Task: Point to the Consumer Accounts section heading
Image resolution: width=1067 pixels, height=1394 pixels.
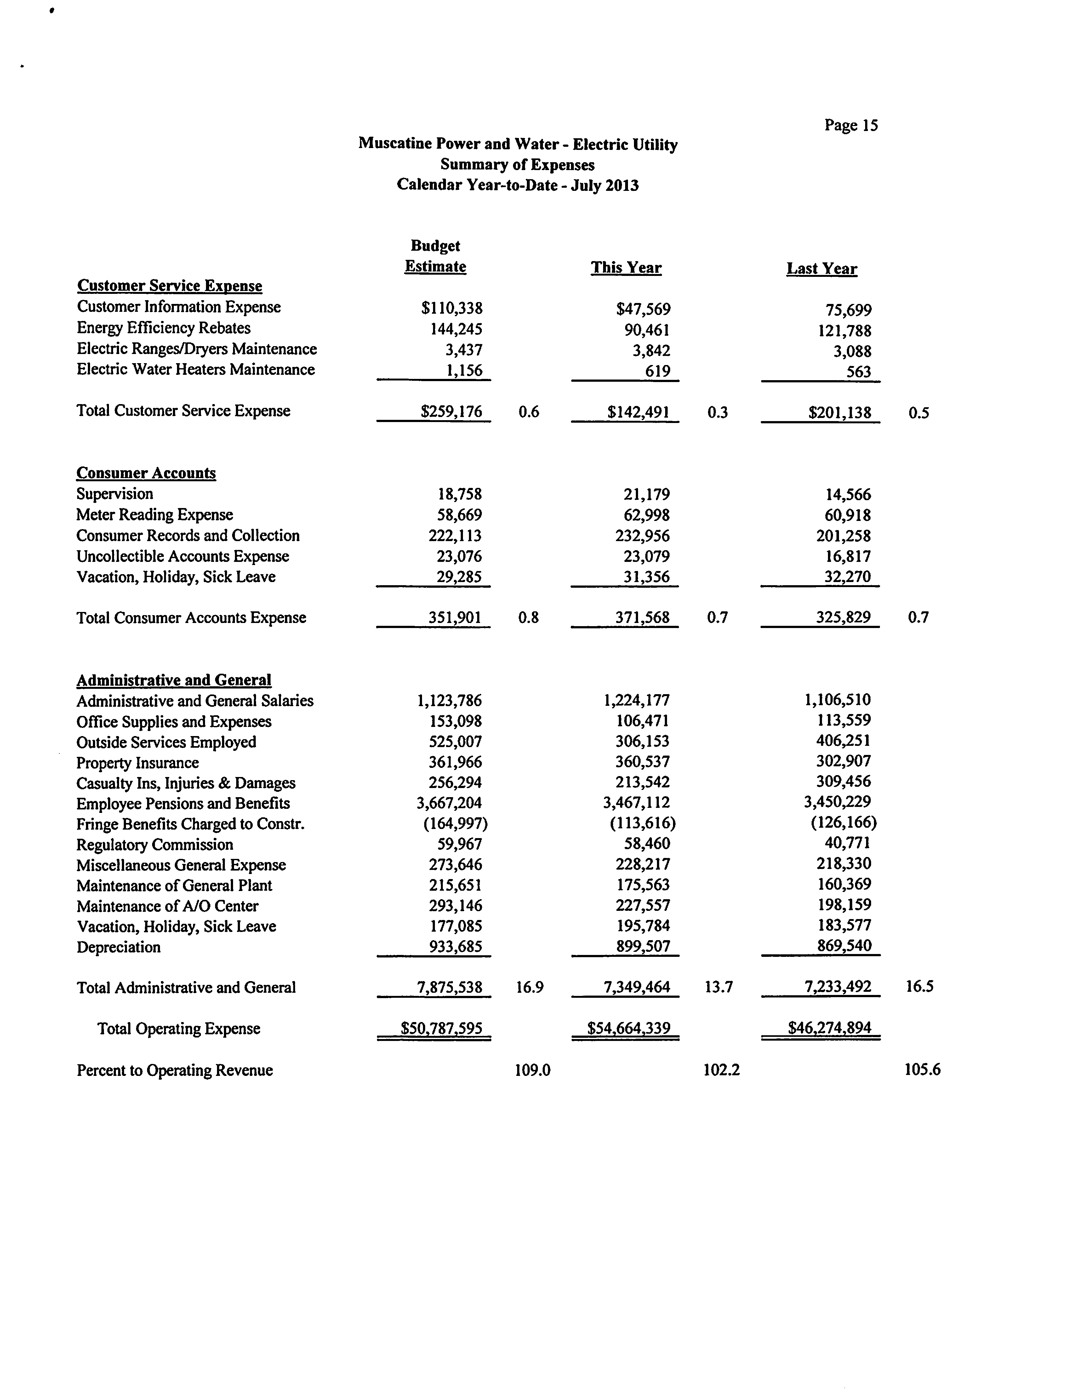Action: [x=146, y=473]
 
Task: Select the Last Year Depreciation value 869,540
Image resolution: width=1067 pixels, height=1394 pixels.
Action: [x=843, y=946]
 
